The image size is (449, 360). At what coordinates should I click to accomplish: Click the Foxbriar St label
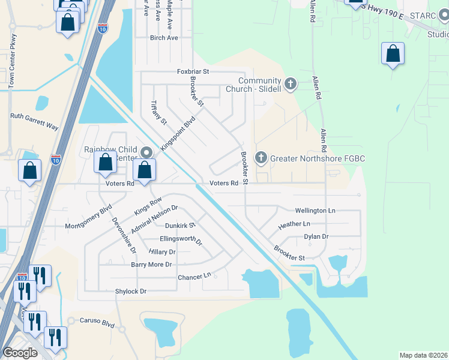(193, 71)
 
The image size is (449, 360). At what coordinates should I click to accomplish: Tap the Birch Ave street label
(164, 38)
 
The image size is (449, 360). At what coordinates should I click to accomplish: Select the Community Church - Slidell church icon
(291, 84)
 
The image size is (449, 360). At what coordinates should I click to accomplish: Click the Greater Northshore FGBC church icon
(261, 158)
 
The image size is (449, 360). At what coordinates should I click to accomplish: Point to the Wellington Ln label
(315, 211)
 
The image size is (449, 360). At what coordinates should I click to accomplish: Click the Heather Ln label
(294, 224)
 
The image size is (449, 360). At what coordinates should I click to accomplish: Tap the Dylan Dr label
(316, 237)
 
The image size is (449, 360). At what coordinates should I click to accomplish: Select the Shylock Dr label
(131, 291)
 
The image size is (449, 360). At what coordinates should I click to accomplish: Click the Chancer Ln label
(195, 277)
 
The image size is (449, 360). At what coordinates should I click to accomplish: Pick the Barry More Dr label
(151, 265)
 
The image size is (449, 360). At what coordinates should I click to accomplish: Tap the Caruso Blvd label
(97, 322)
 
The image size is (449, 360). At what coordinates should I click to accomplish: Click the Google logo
(20, 353)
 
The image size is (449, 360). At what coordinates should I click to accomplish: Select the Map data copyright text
(423, 355)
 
